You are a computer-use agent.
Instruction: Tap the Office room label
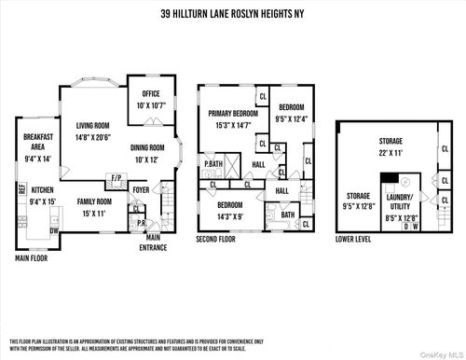point(151,94)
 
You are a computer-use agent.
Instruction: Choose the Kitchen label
point(42,191)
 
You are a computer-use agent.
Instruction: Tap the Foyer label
point(141,190)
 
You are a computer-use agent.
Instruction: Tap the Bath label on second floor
point(287,214)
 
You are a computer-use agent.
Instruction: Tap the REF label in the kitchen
point(21,189)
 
